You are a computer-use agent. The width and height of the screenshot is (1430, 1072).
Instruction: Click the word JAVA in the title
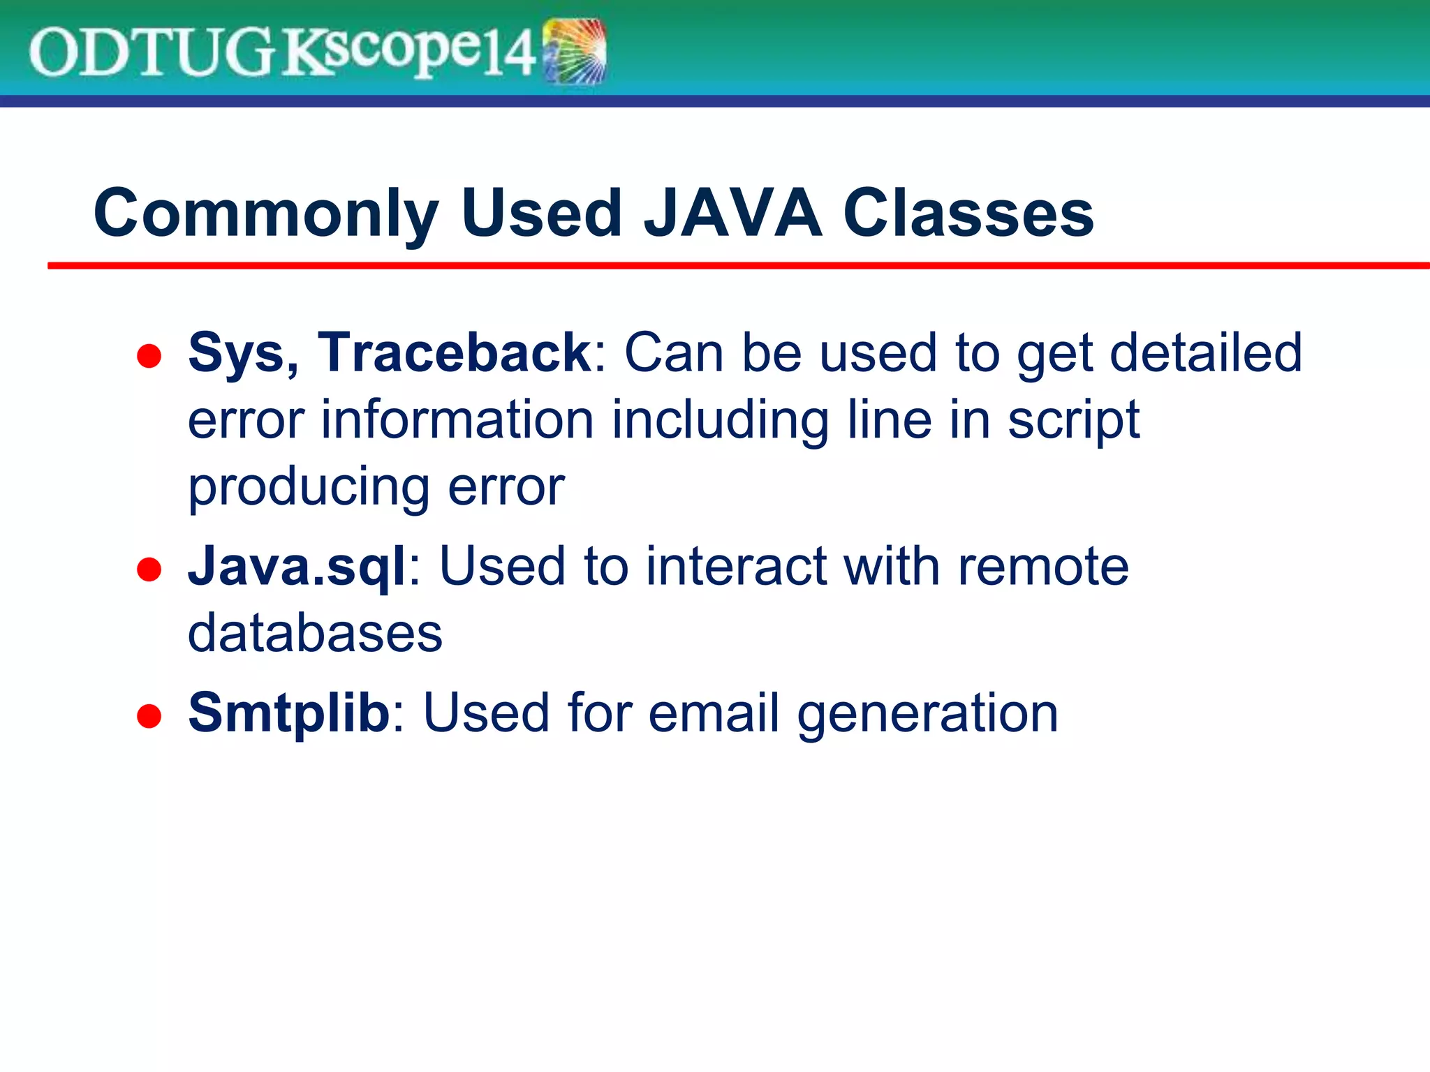pos(732,213)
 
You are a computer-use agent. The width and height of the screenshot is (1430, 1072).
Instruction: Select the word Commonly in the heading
pos(266,214)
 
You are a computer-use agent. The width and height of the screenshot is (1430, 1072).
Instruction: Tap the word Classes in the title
pos(968,213)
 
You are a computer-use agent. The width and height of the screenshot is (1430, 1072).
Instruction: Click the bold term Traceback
pos(455,353)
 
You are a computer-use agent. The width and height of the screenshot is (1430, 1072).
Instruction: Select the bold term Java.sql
pos(297,567)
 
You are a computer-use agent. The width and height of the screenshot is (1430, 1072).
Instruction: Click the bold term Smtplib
pos(288,713)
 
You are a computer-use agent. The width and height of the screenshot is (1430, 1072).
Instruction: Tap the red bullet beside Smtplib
pos(149,716)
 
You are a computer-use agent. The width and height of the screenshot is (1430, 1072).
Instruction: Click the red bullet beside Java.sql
pos(149,569)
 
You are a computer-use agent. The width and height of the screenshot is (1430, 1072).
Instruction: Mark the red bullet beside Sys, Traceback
pos(149,356)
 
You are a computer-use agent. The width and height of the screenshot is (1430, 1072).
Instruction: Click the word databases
pos(315,634)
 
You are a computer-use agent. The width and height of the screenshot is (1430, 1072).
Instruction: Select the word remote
pos(1042,567)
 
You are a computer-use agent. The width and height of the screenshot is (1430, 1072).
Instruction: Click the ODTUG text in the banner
pos(150,53)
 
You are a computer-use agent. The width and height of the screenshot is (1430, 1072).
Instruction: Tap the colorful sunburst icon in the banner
pos(574,52)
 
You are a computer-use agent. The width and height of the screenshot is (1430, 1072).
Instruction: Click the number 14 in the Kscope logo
pos(510,54)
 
